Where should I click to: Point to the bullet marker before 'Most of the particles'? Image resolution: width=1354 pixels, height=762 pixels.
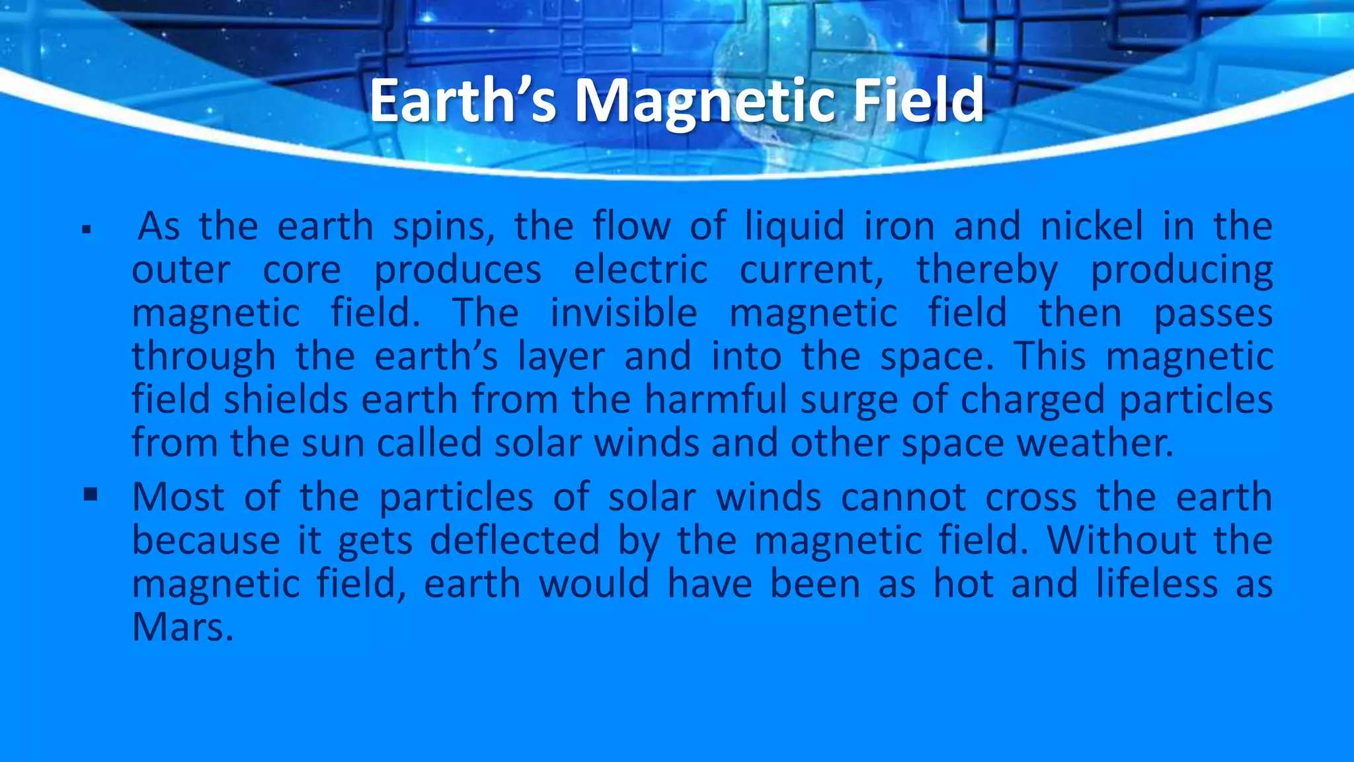tap(91, 495)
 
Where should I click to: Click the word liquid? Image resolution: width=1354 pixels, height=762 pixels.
tap(795, 226)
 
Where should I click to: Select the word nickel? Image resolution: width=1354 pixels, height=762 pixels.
tap(1092, 226)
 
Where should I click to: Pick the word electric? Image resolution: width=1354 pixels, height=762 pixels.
tap(641, 270)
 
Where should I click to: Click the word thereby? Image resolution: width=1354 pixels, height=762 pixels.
tap(987, 270)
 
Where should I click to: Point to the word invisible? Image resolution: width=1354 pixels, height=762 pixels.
tap(623, 313)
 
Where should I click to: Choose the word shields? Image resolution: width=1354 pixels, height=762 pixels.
tap(286, 400)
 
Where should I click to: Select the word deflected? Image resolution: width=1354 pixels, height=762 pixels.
tap(515, 540)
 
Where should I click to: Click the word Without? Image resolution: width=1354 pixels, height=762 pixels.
tap(1121, 540)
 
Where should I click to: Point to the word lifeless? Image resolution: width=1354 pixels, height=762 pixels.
tap(1157, 583)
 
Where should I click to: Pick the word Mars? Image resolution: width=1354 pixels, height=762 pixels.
tap(182, 627)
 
